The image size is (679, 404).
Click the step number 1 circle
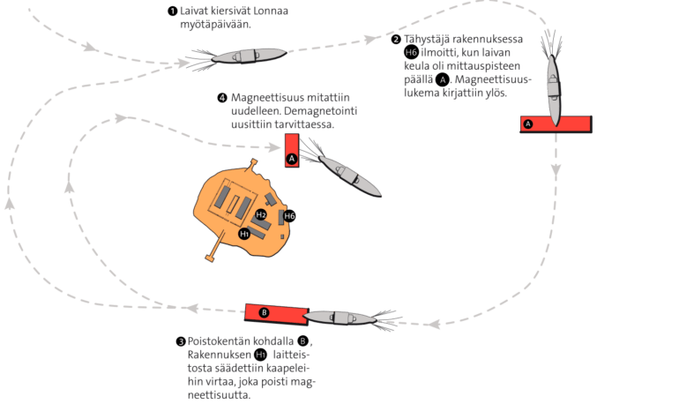pos(171,11)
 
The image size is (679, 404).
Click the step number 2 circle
pos(395,39)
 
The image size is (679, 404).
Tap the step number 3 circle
pos(181,340)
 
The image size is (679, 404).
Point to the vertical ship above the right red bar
pos(553,85)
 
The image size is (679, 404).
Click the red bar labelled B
pos(274,313)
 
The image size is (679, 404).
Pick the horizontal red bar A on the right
pos(556,124)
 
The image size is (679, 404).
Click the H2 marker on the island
pos(261,214)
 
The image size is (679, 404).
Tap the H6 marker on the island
pos(289,216)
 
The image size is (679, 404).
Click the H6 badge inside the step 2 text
pos(410,52)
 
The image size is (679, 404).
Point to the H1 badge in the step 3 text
pos(260,354)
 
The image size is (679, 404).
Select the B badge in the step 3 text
pos(302,340)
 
